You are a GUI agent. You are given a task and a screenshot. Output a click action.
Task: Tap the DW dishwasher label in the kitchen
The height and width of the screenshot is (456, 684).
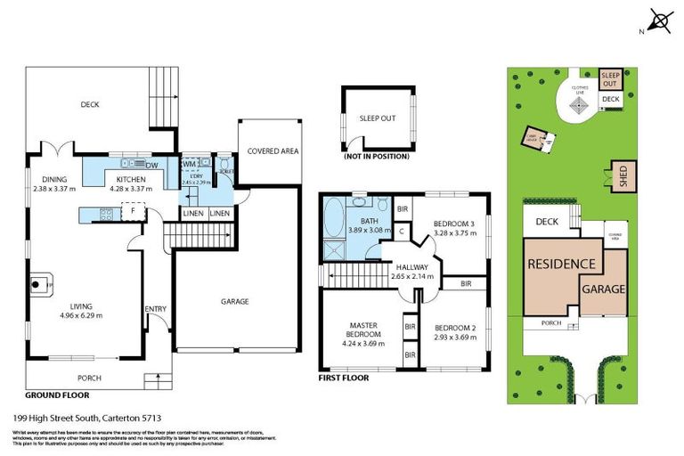[151, 165]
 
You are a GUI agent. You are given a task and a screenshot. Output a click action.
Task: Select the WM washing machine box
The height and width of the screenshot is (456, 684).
[189, 165]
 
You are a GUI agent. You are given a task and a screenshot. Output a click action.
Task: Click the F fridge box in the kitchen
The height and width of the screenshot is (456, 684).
[132, 214]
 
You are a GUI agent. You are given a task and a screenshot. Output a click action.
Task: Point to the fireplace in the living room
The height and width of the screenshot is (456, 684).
[37, 284]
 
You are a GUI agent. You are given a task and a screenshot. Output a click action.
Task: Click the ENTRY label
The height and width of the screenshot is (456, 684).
[156, 309]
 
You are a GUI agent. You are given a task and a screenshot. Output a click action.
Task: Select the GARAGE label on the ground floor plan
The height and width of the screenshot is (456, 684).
[234, 301]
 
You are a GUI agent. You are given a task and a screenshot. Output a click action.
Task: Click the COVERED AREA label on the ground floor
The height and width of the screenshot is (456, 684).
[273, 151]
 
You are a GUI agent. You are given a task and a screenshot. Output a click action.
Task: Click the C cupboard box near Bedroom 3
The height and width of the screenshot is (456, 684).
[402, 232]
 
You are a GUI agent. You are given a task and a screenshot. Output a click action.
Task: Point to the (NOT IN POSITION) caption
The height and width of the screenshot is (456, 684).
[377, 156]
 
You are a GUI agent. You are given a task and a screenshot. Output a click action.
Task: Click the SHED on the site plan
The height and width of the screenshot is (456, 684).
[615, 175]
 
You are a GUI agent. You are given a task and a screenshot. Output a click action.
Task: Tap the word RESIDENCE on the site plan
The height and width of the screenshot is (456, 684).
[561, 265]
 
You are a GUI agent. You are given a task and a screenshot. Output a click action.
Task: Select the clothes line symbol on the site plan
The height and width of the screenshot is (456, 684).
[579, 105]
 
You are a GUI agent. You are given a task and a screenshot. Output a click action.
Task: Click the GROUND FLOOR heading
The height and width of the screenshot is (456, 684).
[57, 394]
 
